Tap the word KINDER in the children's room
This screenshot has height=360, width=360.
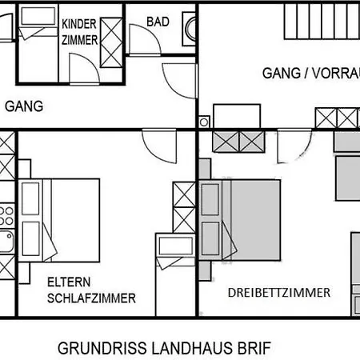(80, 23)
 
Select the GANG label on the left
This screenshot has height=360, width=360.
(24, 106)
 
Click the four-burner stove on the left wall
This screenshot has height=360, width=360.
(6, 214)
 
